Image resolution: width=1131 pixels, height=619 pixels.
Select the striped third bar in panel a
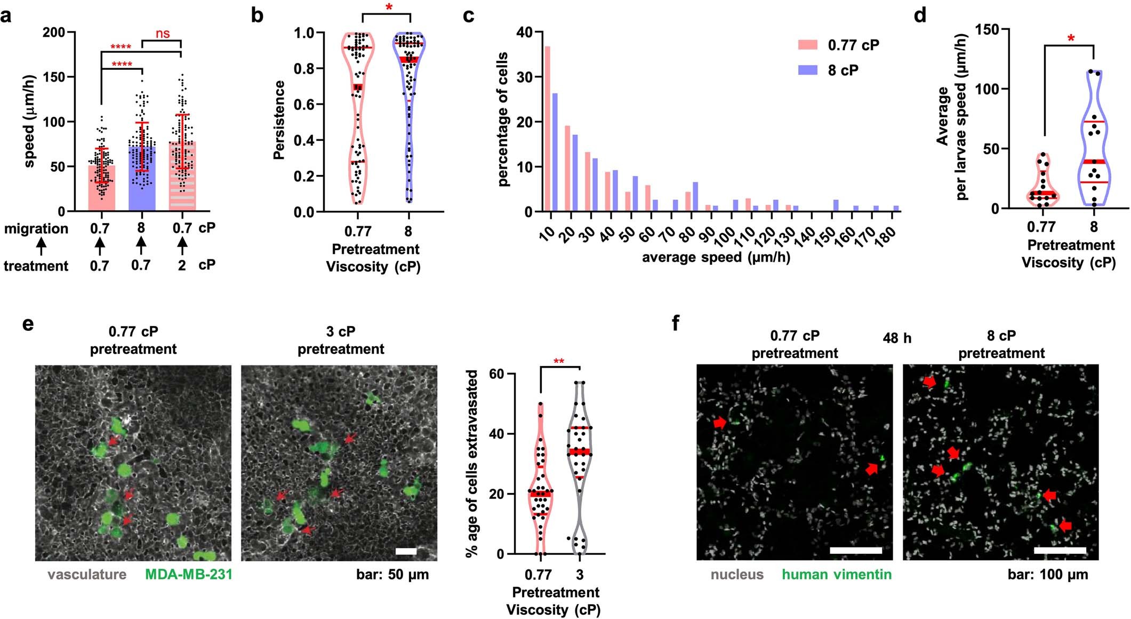click(x=182, y=176)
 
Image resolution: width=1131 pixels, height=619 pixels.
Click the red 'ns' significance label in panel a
click(x=163, y=34)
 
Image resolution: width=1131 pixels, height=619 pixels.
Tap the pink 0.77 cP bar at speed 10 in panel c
click(x=547, y=129)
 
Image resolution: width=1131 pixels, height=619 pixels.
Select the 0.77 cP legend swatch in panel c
click(x=808, y=45)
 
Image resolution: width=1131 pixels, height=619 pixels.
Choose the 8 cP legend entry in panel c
click(x=843, y=70)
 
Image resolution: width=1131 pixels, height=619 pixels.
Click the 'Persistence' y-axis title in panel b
click(x=279, y=120)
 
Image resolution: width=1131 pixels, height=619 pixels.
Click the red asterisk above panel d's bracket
click(x=1070, y=38)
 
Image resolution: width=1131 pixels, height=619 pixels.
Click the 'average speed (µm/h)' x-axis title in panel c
click(x=716, y=257)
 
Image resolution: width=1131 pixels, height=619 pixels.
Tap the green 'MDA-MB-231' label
click(x=189, y=575)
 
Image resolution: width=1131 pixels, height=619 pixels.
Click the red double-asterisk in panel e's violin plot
click(x=559, y=362)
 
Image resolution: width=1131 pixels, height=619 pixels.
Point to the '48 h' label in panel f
click(x=897, y=338)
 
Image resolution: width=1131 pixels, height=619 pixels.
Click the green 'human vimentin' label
click(x=836, y=575)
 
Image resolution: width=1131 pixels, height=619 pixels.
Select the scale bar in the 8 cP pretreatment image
click(x=1060, y=550)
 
